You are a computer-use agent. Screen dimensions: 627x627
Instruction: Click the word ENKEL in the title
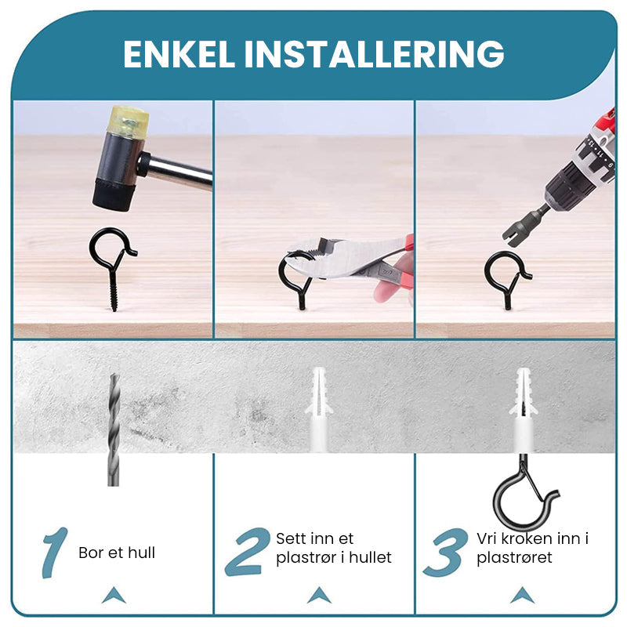179,54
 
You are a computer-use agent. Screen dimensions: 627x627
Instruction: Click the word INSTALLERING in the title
374,54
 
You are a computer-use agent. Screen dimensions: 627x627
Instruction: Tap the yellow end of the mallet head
129,121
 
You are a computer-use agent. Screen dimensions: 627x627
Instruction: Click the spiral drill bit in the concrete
114,429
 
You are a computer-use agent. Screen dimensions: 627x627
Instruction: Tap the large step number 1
55,553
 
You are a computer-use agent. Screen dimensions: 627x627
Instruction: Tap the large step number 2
246,552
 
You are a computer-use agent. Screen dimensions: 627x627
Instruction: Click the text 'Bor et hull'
117,553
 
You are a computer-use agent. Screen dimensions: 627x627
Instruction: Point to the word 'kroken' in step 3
527,538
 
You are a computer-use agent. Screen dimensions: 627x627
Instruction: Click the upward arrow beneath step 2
319,595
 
